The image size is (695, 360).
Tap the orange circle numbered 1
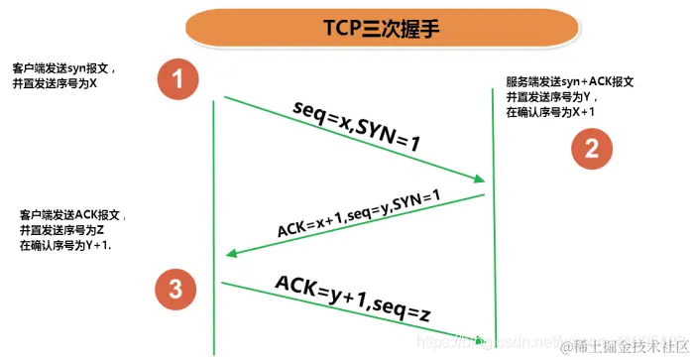click(x=178, y=79)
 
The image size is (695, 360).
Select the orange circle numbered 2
click(x=591, y=150)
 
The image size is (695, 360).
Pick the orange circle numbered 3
click(x=175, y=289)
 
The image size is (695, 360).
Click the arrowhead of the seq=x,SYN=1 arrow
click(x=478, y=179)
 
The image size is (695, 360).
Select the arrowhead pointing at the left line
click(x=232, y=254)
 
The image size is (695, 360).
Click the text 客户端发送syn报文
click(x=64, y=69)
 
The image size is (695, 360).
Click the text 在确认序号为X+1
click(x=549, y=113)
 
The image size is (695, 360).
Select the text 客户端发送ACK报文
click(x=72, y=214)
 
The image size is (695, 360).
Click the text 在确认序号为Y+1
click(x=65, y=244)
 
